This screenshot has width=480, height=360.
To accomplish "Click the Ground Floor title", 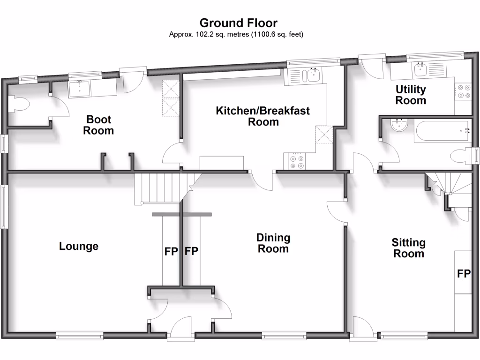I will [x=238, y=22].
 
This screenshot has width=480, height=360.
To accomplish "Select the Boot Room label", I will [x=98, y=125].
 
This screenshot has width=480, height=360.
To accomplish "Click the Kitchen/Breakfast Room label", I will [x=263, y=116].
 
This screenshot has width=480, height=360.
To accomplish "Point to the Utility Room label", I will [x=411, y=95].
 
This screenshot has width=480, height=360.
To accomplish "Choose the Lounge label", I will [x=79, y=246].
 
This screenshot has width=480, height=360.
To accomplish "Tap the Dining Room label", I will [x=273, y=243].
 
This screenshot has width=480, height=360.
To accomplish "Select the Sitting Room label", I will [x=409, y=248].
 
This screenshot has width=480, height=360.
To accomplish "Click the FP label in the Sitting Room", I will [x=463, y=273].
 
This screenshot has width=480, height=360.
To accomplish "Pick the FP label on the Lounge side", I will [x=171, y=251].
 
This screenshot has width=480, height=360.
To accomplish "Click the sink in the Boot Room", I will [x=81, y=88].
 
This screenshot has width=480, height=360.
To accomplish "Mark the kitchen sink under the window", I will [x=311, y=75].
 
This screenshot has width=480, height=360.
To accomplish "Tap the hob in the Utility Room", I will [x=464, y=91].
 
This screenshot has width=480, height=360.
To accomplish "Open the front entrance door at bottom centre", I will [x=181, y=328].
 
